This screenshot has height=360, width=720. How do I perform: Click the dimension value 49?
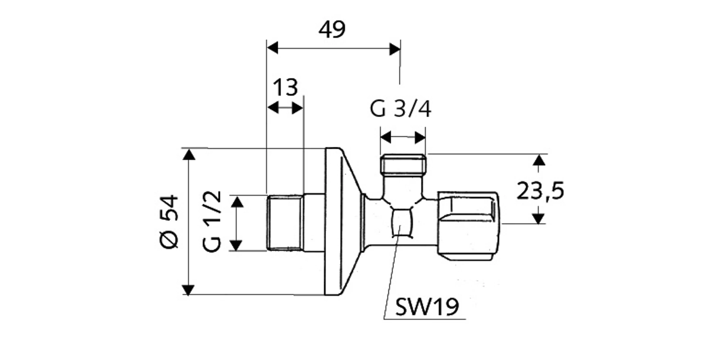point(332,29)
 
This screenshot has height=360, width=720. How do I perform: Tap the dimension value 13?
point(285,87)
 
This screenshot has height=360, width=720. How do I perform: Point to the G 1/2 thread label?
point(212,221)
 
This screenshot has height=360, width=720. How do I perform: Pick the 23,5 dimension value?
point(540,190)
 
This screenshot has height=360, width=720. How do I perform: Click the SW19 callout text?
point(427,307)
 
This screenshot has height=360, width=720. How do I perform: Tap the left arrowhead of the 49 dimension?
point(273,48)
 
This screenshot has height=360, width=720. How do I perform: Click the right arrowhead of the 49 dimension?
point(395,49)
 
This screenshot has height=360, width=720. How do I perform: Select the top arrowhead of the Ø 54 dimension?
point(189,154)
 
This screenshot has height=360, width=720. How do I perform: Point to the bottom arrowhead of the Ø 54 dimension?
point(188,290)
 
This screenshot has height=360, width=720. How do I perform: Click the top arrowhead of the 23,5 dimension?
point(539,160)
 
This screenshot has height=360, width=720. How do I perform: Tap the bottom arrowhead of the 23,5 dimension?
point(538,218)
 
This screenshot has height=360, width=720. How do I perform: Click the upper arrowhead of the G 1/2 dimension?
point(237,202)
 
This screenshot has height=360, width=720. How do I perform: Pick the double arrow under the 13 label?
point(285,108)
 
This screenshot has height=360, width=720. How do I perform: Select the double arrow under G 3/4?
point(403,137)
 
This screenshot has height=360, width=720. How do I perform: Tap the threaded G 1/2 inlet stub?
point(285,222)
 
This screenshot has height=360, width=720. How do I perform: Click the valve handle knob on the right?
point(469,226)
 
